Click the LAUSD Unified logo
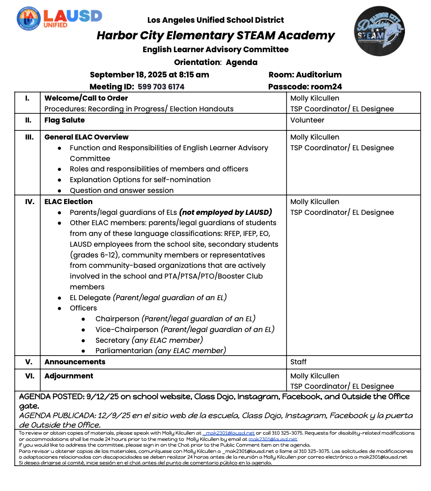click(x=59, y=19)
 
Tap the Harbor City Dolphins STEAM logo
click(x=379, y=31)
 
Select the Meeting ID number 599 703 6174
click(x=161, y=87)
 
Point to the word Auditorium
click(x=318, y=75)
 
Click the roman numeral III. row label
click(x=29, y=137)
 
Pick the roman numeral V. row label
click(x=29, y=362)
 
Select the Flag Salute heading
click(x=65, y=120)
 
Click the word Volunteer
click(x=307, y=120)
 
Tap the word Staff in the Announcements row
click(x=298, y=362)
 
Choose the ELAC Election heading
click(x=68, y=202)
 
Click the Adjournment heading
click(x=69, y=376)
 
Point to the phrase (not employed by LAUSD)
click(x=225, y=212)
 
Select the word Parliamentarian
click(x=124, y=351)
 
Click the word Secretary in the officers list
click(x=112, y=340)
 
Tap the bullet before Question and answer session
click(x=60, y=191)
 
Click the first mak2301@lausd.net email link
click(x=230, y=433)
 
